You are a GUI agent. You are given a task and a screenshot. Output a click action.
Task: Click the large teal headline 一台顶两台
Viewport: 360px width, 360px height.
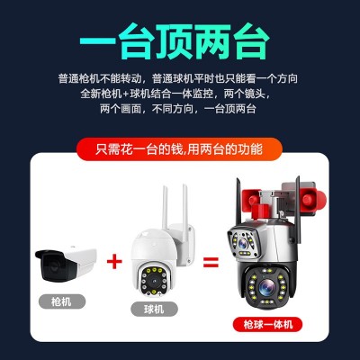175,42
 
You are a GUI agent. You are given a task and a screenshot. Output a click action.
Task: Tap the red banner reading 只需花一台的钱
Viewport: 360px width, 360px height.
179,149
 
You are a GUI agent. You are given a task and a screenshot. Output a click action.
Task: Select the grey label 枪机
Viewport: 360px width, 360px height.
62,301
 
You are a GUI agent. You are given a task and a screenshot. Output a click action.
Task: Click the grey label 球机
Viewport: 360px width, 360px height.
154,309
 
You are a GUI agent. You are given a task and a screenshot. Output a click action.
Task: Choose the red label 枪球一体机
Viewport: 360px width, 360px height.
267,324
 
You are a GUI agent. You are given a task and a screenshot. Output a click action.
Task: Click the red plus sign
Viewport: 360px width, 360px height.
114,261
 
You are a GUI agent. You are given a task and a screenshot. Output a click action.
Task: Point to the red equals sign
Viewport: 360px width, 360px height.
211,262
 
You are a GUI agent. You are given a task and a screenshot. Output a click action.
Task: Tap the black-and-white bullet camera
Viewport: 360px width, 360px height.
66,264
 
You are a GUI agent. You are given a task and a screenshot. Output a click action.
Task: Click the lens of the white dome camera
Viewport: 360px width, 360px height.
154,281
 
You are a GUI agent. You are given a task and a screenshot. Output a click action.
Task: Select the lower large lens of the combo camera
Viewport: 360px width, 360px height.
266,287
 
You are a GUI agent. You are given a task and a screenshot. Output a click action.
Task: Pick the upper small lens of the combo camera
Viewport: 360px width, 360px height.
242,244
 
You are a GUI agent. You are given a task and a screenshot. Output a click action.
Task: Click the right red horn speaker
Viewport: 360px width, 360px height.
313,200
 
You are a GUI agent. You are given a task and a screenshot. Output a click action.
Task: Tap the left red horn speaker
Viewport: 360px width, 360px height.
250,196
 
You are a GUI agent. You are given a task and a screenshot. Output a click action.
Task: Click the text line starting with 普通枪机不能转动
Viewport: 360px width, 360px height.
178,79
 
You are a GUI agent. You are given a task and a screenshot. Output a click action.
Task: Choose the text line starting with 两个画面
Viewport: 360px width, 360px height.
178,108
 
